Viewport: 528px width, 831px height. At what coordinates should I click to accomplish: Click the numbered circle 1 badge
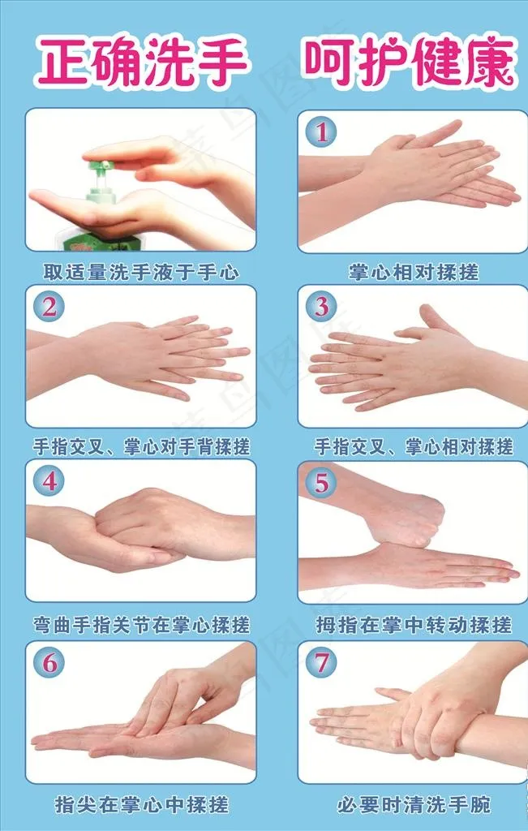click(321, 132)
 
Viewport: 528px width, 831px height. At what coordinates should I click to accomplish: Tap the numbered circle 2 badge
click(49, 307)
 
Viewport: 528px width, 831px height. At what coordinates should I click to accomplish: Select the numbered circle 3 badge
click(321, 307)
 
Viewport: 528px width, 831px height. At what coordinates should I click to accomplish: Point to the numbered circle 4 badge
click(49, 482)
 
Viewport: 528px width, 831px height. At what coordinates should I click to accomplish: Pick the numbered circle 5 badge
click(321, 483)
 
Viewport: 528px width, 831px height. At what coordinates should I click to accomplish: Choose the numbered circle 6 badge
click(49, 663)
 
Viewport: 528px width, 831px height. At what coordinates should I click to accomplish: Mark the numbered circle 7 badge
click(321, 661)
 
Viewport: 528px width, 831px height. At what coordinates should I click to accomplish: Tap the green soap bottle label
click(101, 241)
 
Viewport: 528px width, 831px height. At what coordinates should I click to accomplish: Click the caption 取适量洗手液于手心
click(141, 273)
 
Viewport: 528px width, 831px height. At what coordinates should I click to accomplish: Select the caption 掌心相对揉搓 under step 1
click(413, 273)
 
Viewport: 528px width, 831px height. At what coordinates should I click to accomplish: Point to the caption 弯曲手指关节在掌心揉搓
click(141, 625)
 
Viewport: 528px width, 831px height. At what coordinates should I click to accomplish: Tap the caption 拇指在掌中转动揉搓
click(414, 625)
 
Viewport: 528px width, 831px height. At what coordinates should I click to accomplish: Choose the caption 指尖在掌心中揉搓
click(141, 805)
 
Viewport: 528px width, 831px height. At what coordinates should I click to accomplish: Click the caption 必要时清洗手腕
click(414, 805)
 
